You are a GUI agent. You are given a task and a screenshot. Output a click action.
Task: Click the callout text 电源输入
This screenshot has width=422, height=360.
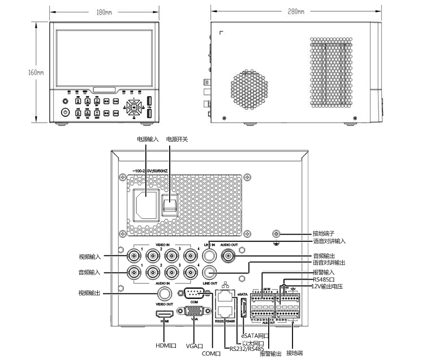click(x=148, y=139)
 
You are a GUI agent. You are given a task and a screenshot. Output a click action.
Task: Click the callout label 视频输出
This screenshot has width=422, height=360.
click(x=90, y=293)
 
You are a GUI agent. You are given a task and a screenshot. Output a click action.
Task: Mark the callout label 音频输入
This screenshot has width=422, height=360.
click(x=90, y=272)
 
